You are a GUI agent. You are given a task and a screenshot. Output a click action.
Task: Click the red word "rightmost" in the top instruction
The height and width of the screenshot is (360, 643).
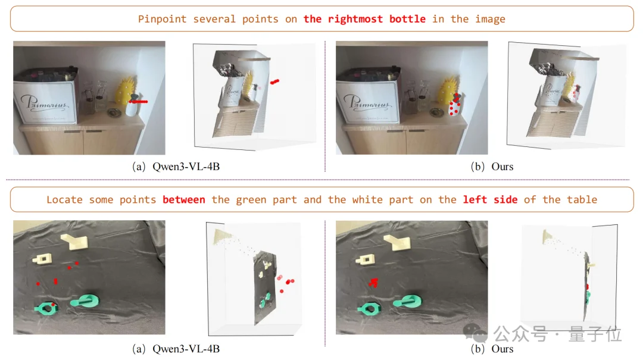pos(355,19)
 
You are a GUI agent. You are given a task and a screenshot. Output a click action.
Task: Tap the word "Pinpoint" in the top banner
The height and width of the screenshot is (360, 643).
pos(162,19)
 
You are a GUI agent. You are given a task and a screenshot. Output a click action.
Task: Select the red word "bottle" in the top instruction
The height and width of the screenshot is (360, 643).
pos(407,19)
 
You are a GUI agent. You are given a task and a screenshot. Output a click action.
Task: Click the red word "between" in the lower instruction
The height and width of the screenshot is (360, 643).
pos(184,200)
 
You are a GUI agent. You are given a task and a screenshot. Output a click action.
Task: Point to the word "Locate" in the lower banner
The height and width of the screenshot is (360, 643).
pos(64,200)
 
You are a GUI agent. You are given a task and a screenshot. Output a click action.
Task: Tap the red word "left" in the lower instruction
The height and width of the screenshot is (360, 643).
pos(475,200)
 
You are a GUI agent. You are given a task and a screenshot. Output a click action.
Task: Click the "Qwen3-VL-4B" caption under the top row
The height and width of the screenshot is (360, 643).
pos(186,167)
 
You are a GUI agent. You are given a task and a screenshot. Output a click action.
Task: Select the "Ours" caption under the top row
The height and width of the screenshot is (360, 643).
pos(502,167)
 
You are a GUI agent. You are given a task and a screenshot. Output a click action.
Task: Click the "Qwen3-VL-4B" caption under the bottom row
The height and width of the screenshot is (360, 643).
pos(186,349)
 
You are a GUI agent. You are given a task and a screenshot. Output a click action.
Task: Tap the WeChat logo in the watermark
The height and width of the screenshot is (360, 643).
pos(475,333)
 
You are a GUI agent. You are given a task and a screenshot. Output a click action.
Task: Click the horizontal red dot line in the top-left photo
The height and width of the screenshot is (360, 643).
pos(139,101)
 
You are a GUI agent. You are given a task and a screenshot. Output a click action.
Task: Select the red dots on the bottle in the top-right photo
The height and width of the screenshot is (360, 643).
pos(454,105)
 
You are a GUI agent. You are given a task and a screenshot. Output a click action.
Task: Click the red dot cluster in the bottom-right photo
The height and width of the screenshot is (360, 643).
pos(373,282)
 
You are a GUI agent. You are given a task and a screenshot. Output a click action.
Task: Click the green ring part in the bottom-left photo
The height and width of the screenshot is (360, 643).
pos(46,308)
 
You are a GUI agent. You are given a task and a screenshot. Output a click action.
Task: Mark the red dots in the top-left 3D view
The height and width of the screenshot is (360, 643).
pos(274,82)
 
